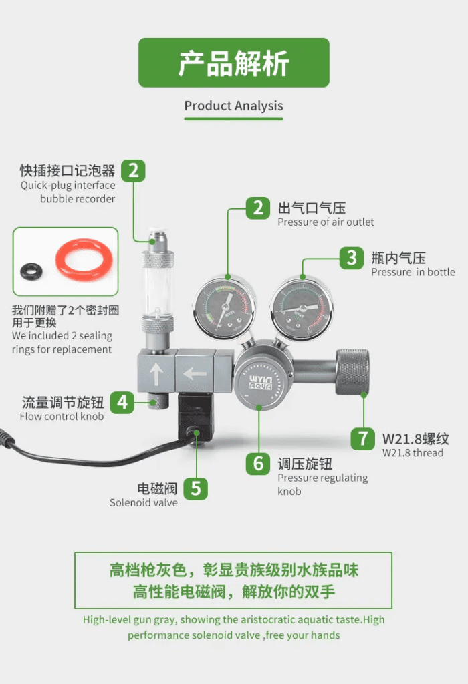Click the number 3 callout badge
[x=352, y=258]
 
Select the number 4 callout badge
[x=122, y=402]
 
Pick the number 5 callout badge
[x=196, y=488]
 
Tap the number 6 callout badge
[x=258, y=464]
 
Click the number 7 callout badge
[x=363, y=438]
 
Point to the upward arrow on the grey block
[x=156, y=374]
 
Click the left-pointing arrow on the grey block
[x=195, y=374]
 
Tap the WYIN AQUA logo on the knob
[x=260, y=383]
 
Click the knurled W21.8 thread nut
[x=352, y=371]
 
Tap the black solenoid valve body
[x=196, y=418]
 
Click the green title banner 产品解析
[x=234, y=63]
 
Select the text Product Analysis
[x=233, y=106]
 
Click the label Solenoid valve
[x=144, y=502]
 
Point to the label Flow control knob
[x=62, y=417]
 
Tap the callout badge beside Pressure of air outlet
[x=258, y=208]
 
